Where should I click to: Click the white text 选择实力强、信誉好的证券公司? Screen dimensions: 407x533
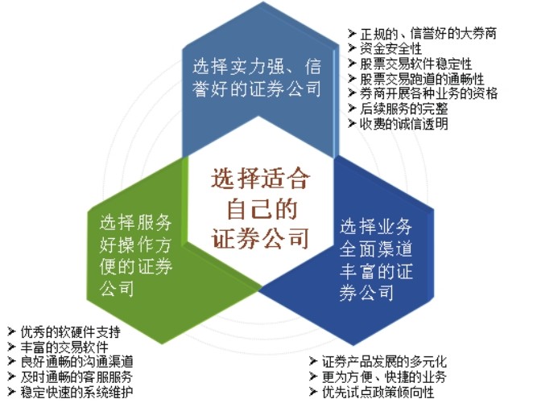tap(257, 76)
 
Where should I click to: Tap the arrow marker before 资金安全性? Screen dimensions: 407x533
tap(353, 48)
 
